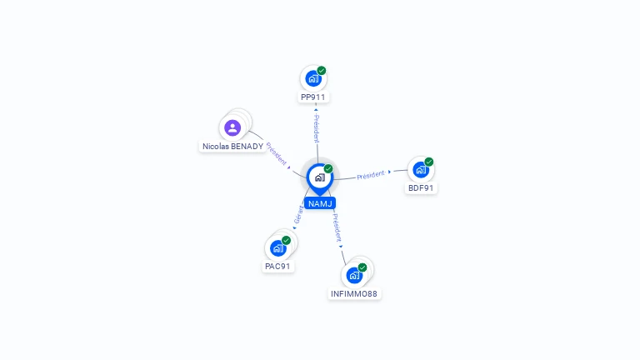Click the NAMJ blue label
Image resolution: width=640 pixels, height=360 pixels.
coord(320,203)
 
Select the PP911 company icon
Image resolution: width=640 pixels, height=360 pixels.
coord(313,78)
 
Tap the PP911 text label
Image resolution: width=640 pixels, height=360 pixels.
coord(313,97)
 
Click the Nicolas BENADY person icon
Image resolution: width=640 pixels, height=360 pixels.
coord(232,127)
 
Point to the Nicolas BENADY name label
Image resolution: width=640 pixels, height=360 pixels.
coord(233,146)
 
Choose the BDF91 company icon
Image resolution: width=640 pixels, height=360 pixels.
coord(420,169)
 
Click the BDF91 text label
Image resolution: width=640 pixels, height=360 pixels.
coord(421,188)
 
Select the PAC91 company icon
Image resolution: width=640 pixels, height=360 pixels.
coord(278,247)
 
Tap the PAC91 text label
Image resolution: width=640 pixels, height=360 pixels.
coord(277,266)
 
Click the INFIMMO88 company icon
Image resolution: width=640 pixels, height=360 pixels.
coord(354,276)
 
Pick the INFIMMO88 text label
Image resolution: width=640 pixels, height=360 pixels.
coord(354,294)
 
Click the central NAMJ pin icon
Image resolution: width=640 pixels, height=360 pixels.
coord(320,178)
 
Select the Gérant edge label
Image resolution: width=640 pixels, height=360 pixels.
coord(298,215)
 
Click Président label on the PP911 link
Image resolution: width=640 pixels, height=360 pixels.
coord(317,128)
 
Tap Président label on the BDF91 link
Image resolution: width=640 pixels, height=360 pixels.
coord(371,175)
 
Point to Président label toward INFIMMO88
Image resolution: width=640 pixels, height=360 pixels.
coord(337,227)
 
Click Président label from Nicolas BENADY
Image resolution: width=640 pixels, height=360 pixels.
coord(277,153)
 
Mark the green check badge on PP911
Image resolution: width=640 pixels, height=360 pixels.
coord(322,71)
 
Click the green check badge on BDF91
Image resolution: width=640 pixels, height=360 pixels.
coord(429,162)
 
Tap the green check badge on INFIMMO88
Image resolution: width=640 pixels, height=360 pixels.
coord(362,267)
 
